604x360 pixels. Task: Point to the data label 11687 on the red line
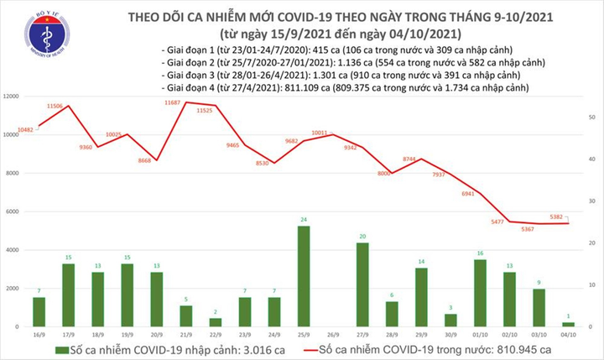(x=173, y=102)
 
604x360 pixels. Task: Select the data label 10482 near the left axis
(x=24, y=128)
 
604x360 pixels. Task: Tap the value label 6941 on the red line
(x=468, y=193)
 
